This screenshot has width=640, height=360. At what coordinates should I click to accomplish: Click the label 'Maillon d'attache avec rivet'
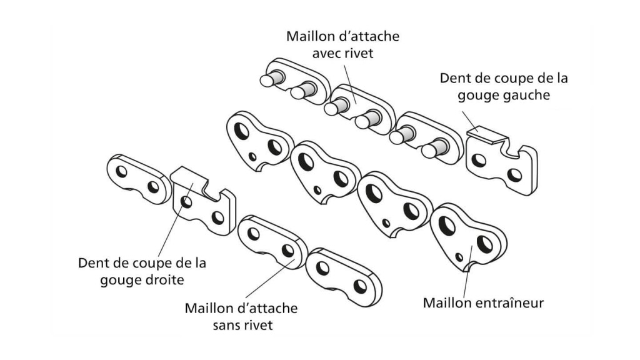[342, 44]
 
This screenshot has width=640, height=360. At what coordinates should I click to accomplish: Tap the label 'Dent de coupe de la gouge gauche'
[504, 87]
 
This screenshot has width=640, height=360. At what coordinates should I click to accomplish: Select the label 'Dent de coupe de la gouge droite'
[142, 271]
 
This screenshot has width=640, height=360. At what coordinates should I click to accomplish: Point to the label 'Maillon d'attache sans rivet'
[241, 317]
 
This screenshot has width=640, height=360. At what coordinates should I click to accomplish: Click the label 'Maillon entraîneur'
[483, 303]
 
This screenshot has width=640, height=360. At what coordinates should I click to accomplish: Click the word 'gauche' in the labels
[528, 96]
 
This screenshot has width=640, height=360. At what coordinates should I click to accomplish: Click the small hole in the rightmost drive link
[459, 256]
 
